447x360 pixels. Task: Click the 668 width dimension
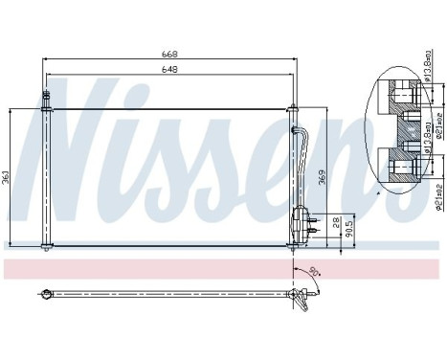tap(168, 55)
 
